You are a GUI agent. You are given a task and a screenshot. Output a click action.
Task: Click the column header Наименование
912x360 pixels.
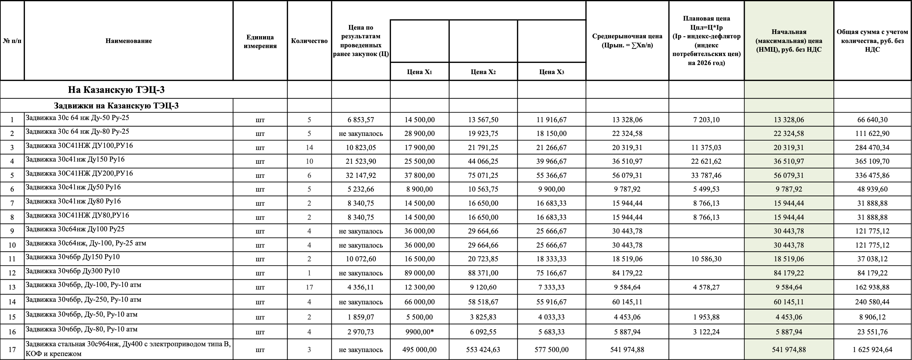click(x=129, y=41)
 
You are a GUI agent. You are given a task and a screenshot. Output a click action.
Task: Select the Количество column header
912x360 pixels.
click(x=309, y=41)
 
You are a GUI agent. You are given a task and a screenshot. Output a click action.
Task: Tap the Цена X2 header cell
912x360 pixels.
click(x=483, y=72)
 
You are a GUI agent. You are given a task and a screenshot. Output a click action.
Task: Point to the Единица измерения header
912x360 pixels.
click(x=260, y=41)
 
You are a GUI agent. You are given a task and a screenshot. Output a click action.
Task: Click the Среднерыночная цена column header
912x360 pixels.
click(x=627, y=40)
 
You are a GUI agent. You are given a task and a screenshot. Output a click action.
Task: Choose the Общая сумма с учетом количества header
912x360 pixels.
click(x=872, y=41)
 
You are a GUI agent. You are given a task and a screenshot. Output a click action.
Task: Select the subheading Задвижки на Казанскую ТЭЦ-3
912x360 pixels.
click(x=116, y=106)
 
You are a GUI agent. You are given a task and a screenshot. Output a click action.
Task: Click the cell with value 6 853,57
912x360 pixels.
click(x=361, y=120)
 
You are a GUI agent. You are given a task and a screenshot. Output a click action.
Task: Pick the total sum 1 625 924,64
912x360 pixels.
click(x=872, y=350)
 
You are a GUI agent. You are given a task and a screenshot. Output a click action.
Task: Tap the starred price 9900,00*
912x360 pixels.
click(x=420, y=332)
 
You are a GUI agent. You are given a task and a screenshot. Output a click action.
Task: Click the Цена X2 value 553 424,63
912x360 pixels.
click(x=483, y=350)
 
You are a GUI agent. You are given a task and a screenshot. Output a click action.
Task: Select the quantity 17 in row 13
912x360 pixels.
click(x=309, y=287)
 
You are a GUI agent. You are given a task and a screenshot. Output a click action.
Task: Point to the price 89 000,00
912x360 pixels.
click(x=420, y=273)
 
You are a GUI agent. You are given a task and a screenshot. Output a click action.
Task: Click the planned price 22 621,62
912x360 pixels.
click(x=706, y=161)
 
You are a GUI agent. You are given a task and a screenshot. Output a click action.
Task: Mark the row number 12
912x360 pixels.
click(x=12, y=273)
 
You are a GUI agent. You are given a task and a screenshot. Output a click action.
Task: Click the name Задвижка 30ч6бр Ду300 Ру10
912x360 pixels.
click(x=73, y=271)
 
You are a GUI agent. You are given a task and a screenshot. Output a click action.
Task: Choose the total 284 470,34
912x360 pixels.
click(x=872, y=147)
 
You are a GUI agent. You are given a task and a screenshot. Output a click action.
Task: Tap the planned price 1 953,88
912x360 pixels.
click(x=706, y=317)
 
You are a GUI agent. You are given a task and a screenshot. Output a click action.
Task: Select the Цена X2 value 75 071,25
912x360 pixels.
click(x=483, y=175)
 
